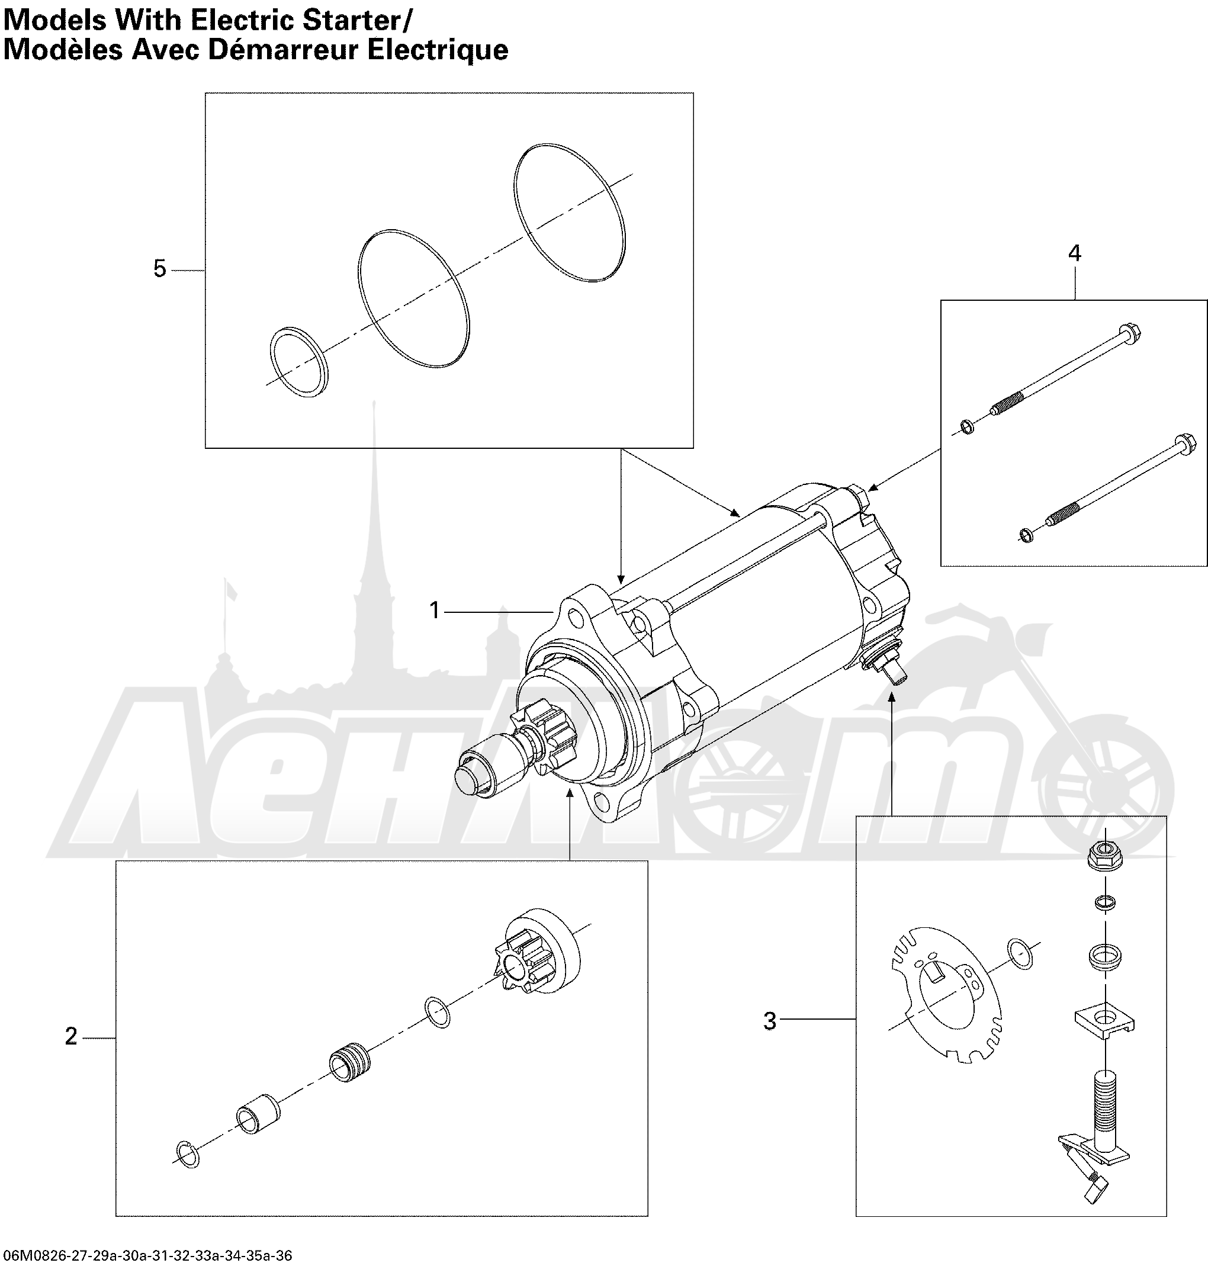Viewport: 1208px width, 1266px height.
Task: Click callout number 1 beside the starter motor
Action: tap(435, 610)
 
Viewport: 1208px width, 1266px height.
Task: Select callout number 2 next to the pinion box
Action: tap(71, 1036)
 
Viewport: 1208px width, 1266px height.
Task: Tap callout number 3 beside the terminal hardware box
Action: tap(769, 1021)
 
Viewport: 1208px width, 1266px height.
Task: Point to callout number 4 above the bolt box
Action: tap(1074, 253)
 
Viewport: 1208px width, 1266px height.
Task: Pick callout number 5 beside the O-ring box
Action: tap(160, 268)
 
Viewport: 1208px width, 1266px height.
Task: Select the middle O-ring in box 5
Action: tap(413, 298)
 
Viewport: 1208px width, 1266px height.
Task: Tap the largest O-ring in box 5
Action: tap(570, 213)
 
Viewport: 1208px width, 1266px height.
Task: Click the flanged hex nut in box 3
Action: tap(1105, 856)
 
